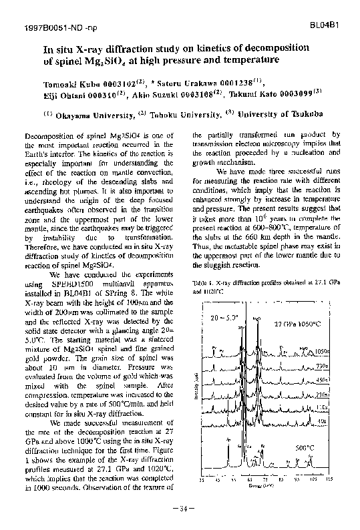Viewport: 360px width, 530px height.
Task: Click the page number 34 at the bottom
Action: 180,511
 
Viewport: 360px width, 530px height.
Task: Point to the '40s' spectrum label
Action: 322,421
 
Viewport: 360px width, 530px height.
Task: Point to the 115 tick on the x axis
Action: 328,480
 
